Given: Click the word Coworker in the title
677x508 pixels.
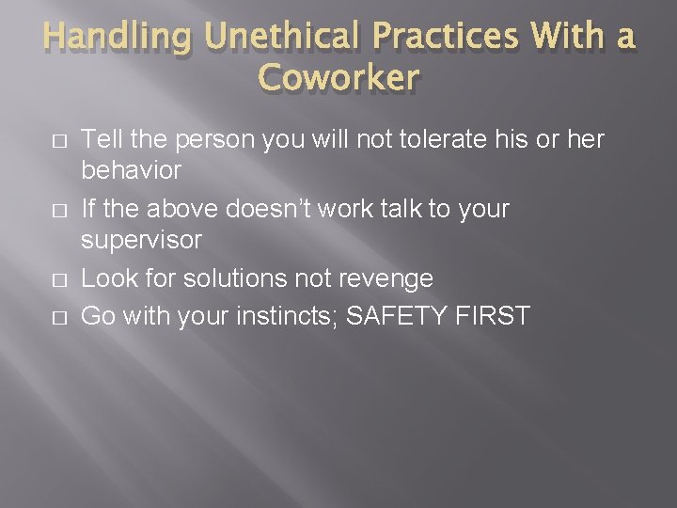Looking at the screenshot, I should pyautogui.click(x=338, y=79).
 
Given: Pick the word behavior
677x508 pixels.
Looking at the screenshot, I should pyautogui.click(x=132, y=171).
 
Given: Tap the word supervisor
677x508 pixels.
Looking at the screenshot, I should pyautogui.click(x=141, y=241).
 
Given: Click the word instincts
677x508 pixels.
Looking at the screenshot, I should pyautogui.click(x=285, y=315).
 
